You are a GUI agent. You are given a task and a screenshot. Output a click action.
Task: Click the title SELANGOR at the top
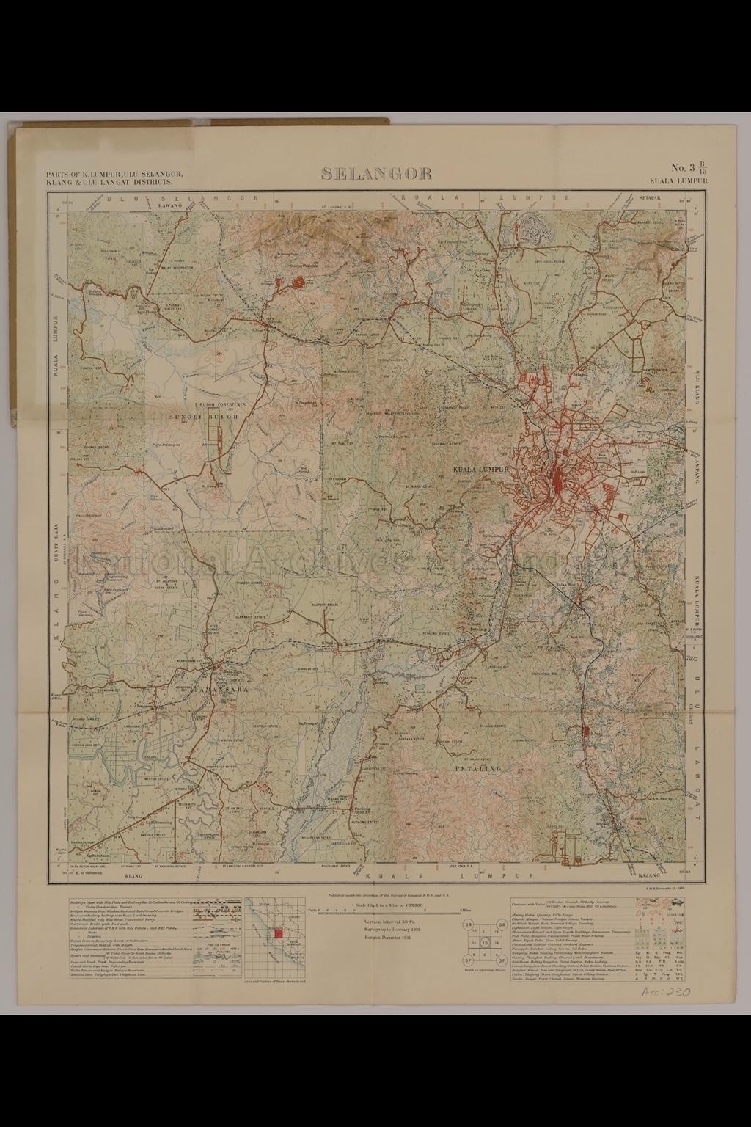tap(375, 173)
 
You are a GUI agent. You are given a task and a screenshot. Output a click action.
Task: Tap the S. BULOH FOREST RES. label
tap(221, 404)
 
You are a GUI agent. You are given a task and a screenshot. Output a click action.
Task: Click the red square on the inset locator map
tap(277, 933)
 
